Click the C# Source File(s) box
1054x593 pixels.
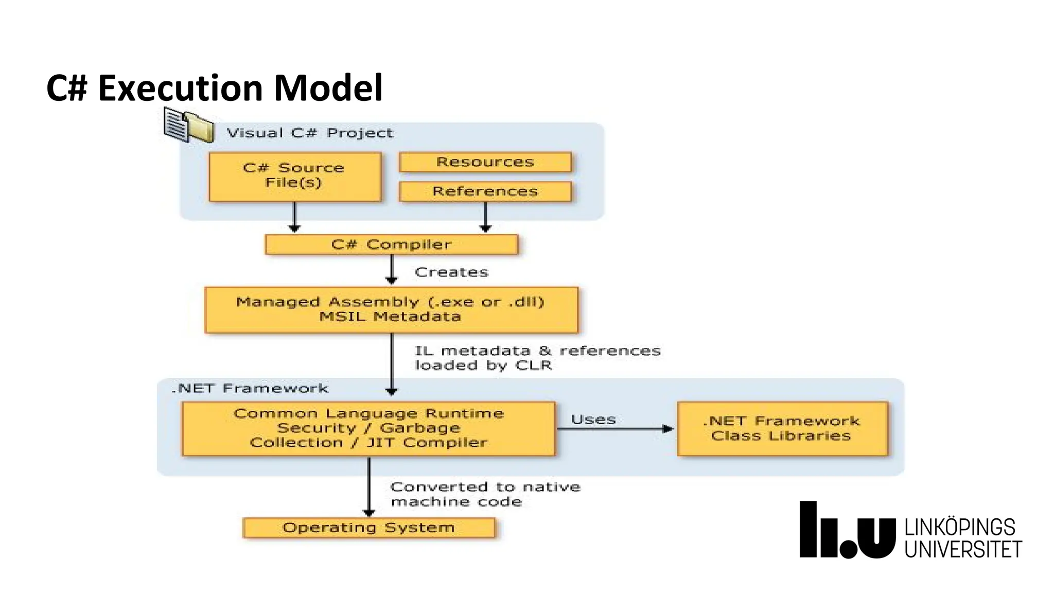pyautogui.click(x=295, y=176)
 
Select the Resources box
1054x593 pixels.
pyautogui.click(x=485, y=162)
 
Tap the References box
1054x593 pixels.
pyautogui.click(x=485, y=191)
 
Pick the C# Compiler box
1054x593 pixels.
pyautogui.click(x=391, y=245)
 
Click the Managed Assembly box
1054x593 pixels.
pyautogui.click(x=391, y=309)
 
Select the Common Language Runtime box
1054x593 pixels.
pyautogui.click(x=368, y=428)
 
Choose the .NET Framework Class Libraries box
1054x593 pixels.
pyautogui.click(x=782, y=428)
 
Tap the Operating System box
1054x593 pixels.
pyautogui.click(x=368, y=528)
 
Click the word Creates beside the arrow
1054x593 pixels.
pyautogui.click(x=451, y=272)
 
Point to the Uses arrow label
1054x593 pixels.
pyautogui.click(x=593, y=420)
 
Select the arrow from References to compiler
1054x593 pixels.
pyautogui.click(x=485, y=217)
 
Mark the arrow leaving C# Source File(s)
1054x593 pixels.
pyautogui.click(x=294, y=217)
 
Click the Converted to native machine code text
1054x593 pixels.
pyautogui.click(x=485, y=494)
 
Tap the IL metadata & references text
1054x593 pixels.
pyautogui.click(x=537, y=358)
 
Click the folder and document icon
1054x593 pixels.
pyautogui.click(x=189, y=125)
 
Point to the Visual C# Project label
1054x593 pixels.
pyautogui.click(x=310, y=133)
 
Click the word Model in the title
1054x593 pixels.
pyautogui.click(x=328, y=88)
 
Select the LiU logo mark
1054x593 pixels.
pyautogui.click(x=847, y=530)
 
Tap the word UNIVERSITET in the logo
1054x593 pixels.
pyautogui.click(x=962, y=549)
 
